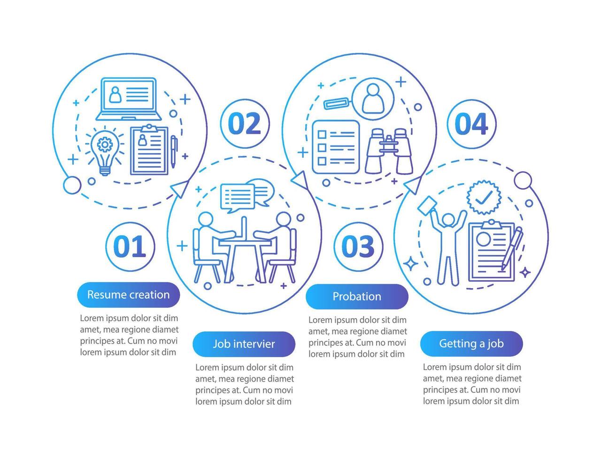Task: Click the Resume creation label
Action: (128, 295)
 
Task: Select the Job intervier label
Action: (244, 344)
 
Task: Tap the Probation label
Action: (357, 297)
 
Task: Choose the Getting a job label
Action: (471, 344)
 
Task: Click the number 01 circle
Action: (130, 246)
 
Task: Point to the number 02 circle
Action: (244, 123)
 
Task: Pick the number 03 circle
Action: (358, 246)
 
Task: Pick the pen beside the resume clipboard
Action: (173, 151)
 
